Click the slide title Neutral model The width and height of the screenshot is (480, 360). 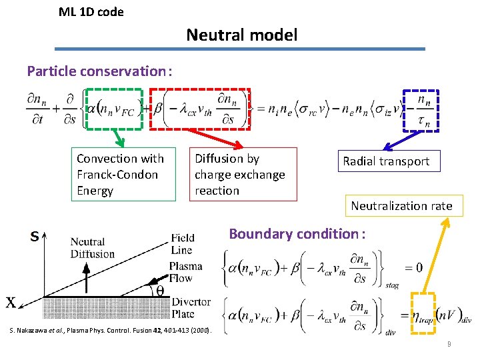pos(241,35)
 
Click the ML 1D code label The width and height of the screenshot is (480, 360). pos(91,11)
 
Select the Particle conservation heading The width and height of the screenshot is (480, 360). pos(99,71)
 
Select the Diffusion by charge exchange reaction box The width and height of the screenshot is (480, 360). pos(243,175)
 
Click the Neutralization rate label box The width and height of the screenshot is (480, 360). pos(401,206)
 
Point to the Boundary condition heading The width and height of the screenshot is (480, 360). pos(297,234)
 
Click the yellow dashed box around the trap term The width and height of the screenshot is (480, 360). pos(422,310)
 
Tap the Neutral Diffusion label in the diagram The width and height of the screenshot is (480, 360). pos(92,248)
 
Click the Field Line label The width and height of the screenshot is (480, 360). pos(183,244)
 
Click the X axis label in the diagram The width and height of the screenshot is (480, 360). pos(12,302)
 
